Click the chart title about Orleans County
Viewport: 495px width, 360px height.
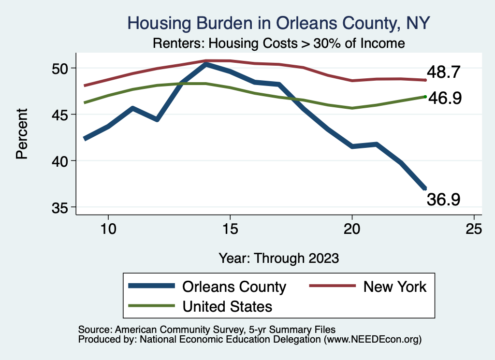(x=278, y=23)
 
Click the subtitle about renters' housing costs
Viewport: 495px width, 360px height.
(x=278, y=43)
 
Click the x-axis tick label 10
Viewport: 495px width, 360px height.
(x=108, y=229)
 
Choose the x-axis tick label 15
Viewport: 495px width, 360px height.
(x=230, y=229)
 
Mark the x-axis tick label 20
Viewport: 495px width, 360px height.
(x=352, y=229)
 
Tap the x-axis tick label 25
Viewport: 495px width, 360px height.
(x=474, y=229)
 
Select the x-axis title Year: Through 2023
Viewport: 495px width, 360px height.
(x=278, y=258)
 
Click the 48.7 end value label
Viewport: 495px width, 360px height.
(x=446, y=72)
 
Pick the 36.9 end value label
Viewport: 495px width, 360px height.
(x=443, y=199)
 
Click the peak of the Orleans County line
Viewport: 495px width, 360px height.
(x=206, y=64)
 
